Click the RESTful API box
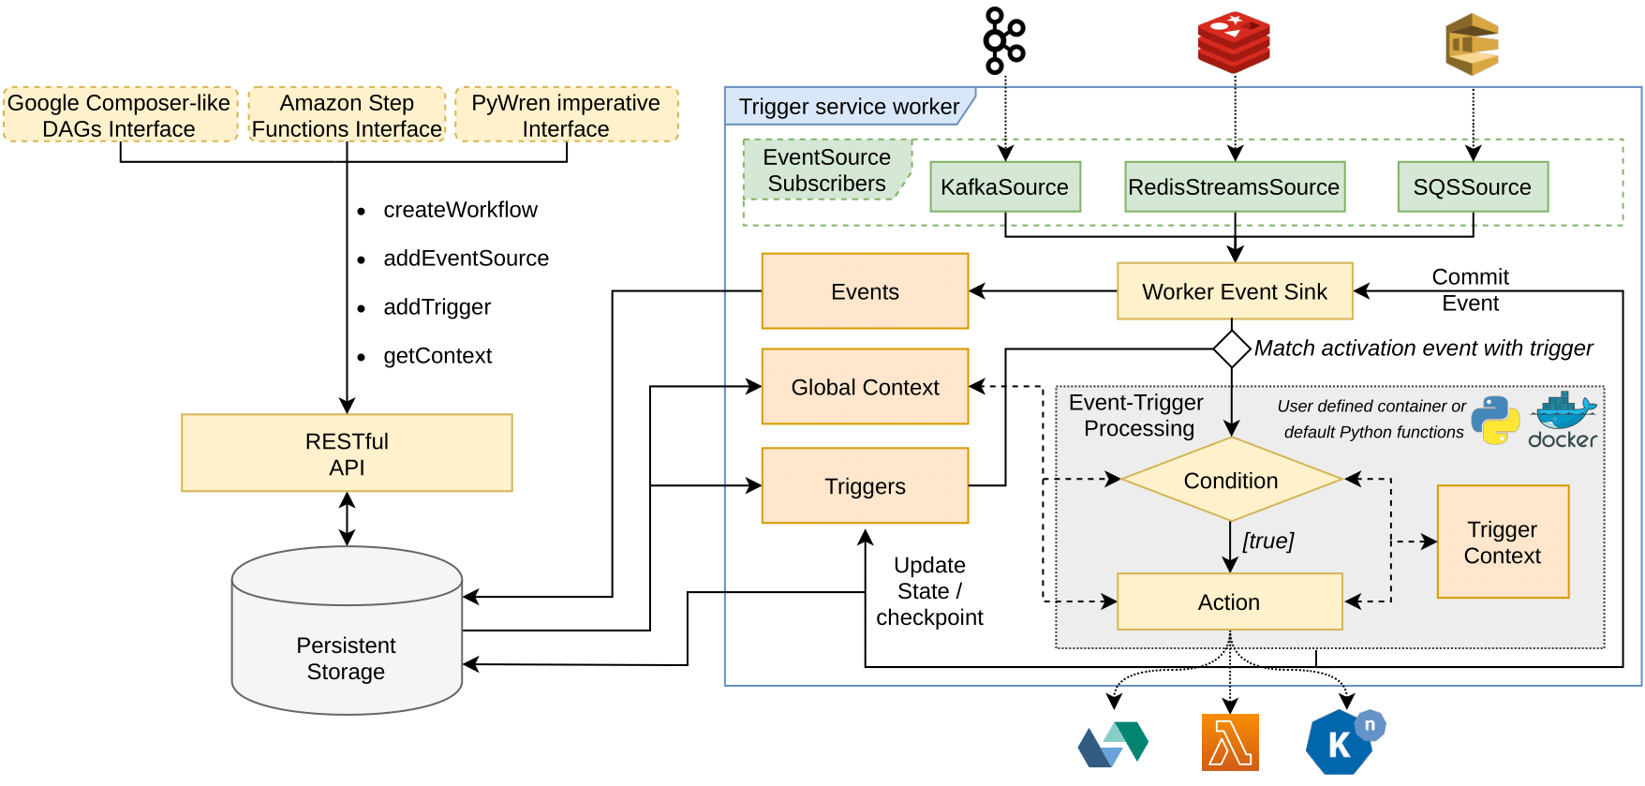(347, 453)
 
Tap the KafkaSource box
(1004, 186)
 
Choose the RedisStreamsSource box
(1234, 186)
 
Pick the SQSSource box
(1472, 186)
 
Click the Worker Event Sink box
(1234, 291)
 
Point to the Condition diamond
(1230, 480)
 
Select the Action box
(1229, 601)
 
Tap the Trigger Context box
(1502, 541)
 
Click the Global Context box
(865, 387)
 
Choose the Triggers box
(865, 485)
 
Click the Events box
(865, 291)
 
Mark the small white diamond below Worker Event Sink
(1231, 349)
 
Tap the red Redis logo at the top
(1234, 42)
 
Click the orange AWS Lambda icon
(1230, 742)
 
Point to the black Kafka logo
(1003, 40)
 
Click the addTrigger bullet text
(437, 307)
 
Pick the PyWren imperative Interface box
(566, 115)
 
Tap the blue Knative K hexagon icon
(1340, 743)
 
